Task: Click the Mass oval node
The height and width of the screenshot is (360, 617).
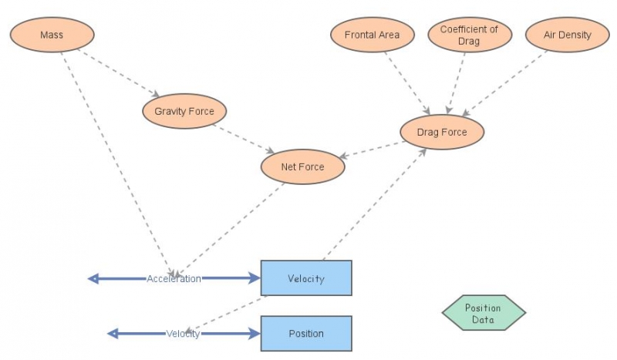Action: (x=52, y=35)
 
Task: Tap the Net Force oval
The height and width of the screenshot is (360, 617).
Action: (x=302, y=167)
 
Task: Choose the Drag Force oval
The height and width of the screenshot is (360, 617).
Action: (x=442, y=132)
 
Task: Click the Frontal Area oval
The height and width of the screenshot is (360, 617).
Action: (x=372, y=35)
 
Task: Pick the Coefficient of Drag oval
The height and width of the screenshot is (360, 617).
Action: (x=469, y=35)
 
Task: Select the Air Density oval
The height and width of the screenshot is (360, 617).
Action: (x=567, y=35)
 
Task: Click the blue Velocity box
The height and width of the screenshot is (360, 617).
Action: (x=306, y=278)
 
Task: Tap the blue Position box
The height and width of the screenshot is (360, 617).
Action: (x=306, y=334)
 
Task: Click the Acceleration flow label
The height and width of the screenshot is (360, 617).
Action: (x=174, y=278)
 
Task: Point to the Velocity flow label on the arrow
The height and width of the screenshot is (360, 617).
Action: (x=183, y=334)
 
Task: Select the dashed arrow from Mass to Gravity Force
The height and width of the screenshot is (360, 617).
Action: (x=123, y=74)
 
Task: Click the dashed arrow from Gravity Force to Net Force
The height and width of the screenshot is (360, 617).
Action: (x=245, y=139)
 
